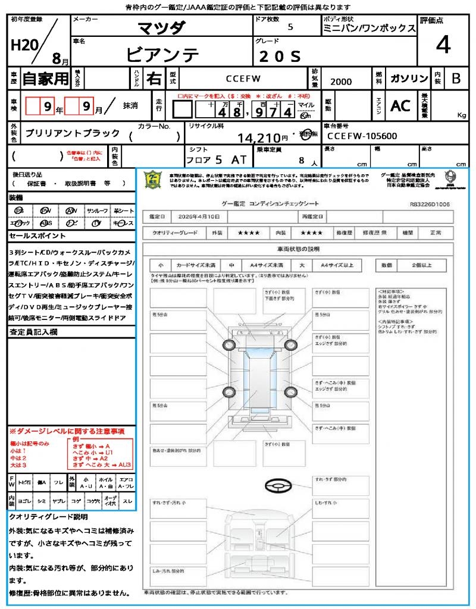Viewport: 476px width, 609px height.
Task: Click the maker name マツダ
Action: (x=162, y=28)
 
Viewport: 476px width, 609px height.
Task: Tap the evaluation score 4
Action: (x=443, y=45)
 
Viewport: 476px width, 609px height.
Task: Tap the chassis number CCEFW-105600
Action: (x=362, y=136)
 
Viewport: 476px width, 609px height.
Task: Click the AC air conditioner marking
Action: (x=400, y=106)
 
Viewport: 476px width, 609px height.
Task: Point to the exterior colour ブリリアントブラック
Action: (x=73, y=134)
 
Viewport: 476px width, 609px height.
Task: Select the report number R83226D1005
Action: (x=430, y=204)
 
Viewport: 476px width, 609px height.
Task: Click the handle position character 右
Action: (x=154, y=79)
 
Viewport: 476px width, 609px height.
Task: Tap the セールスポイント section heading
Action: (x=32, y=236)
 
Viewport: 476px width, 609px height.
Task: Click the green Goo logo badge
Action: (x=154, y=179)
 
